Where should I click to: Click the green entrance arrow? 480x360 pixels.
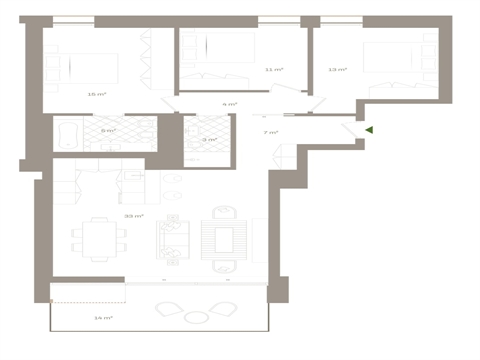(x=369, y=129)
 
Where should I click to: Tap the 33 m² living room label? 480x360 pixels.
(x=133, y=214)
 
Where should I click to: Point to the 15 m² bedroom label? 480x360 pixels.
(x=96, y=94)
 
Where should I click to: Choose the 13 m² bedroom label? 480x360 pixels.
(x=337, y=69)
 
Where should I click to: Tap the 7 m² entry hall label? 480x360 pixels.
(x=270, y=132)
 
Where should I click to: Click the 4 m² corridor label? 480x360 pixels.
(x=230, y=104)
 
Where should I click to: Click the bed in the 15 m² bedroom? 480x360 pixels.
(x=92, y=67)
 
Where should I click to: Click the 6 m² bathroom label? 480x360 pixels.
(x=107, y=130)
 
